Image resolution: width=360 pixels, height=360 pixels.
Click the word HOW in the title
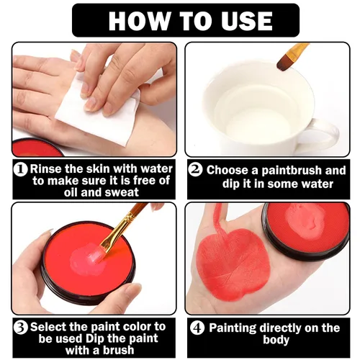click(x=139, y=21)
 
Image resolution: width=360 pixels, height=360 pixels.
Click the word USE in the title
click(x=246, y=21)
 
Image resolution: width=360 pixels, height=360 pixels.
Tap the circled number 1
click(x=21, y=169)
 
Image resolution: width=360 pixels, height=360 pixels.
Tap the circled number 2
click(x=195, y=169)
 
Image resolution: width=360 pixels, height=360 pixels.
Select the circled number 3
click(x=21, y=328)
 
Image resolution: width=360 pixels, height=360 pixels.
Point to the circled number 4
click(x=197, y=328)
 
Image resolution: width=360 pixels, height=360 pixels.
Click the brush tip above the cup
click(x=283, y=63)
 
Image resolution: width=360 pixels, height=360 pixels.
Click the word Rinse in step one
click(x=46, y=169)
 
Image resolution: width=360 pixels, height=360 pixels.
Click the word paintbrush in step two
click(x=291, y=171)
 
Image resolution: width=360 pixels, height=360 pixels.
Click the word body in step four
click(x=276, y=340)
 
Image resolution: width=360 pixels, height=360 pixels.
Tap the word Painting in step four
click(x=233, y=328)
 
